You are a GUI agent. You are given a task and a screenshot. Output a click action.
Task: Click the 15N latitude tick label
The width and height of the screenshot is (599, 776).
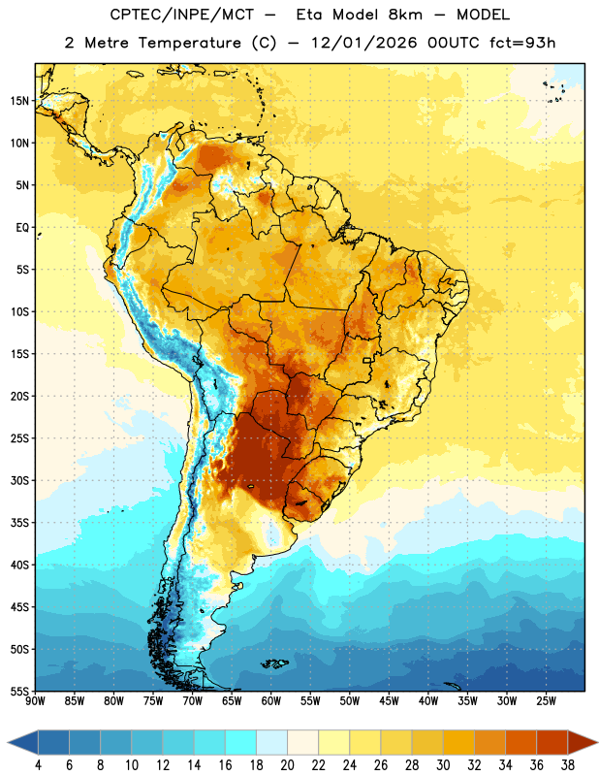[x=19, y=101]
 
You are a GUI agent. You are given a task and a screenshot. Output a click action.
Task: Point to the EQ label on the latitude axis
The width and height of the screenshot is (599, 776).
[x=22, y=228]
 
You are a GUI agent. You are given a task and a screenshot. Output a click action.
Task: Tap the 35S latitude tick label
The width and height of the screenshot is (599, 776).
[x=19, y=523]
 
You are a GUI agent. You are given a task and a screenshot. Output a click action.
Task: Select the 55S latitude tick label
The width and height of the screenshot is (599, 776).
[x=19, y=692]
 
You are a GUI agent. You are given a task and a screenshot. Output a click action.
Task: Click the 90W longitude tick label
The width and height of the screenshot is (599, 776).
[x=35, y=701]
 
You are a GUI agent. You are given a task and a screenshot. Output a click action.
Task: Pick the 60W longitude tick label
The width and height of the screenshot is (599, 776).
[x=271, y=701]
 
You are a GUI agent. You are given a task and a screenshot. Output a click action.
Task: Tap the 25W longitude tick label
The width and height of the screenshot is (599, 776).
[x=546, y=701]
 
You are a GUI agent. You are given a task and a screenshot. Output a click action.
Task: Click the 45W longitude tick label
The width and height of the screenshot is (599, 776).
[x=389, y=701]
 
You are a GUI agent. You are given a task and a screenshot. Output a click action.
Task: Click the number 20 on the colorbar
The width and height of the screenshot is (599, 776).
[x=287, y=765]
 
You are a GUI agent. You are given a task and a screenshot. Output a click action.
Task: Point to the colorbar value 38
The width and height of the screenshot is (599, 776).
[x=568, y=765]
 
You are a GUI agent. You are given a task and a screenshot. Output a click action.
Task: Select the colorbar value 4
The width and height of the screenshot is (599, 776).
[x=39, y=765]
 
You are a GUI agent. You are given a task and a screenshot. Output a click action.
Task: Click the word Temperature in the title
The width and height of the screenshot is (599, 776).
[x=189, y=43]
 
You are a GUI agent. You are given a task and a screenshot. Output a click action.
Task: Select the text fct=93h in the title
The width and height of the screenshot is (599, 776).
[x=522, y=43]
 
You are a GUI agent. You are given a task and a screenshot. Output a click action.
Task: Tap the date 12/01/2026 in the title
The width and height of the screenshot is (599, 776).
[x=364, y=43]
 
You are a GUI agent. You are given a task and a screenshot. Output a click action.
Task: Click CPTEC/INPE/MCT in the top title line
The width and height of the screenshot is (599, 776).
[x=181, y=15]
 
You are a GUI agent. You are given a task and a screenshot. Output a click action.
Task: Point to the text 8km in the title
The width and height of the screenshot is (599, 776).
[x=405, y=15]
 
